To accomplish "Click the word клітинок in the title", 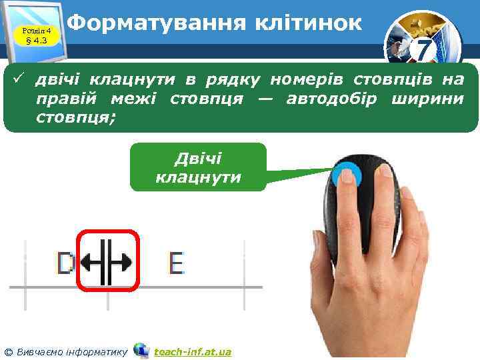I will pos(308,25).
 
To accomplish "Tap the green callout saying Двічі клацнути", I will pos(198,167).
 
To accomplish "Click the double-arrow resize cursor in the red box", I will pos(107,263).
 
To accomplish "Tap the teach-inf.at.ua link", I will pos(193,351).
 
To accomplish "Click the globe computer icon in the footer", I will pos(141,350).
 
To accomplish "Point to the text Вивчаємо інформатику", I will pos(71,351).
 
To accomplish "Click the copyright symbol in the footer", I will pos(9,351).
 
